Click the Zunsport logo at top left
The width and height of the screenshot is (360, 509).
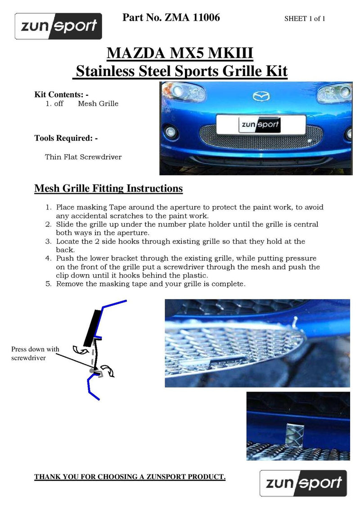click(x=58, y=26)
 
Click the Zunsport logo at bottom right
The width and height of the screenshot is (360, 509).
click(x=303, y=483)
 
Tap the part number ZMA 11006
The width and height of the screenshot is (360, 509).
click(x=171, y=18)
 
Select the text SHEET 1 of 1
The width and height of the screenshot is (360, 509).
click(x=305, y=18)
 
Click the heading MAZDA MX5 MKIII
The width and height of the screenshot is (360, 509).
click(x=180, y=54)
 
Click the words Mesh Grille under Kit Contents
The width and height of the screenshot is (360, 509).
click(x=98, y=103)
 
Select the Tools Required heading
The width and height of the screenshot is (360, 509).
click(x=66, y=138)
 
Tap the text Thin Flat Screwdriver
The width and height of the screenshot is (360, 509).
click(x=83, y=157)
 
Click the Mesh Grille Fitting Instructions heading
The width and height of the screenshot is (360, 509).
click(x=108, y=188)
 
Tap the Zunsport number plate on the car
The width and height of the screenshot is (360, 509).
click(x=248, y=125)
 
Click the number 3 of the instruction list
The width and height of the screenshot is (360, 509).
click(x=48, y=241)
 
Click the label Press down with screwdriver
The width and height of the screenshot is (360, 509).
click(x=35, y=353)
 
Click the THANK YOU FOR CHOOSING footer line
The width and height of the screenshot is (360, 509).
click(x=130, y=477)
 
